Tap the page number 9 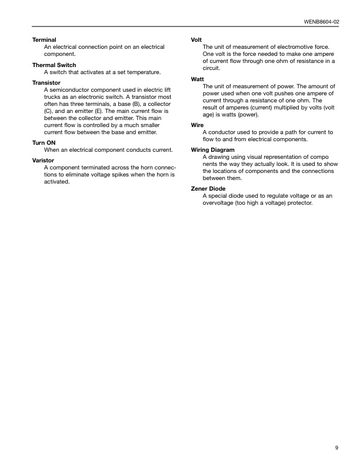[x=337, y=448]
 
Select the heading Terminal [x=44, y=39]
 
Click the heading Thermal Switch [x=54, y=65]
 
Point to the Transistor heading [x=46, y=83]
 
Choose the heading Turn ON [x=45, y=143]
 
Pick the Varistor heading [x=43, y=161]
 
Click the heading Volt [x=197, y=39]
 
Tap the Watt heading [x=198, y=79]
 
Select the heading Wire [x=197, y=125]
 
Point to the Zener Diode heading [x=209, y=189]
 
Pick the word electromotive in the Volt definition [x=294, y=46]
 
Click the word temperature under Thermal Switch [x=142, y=72]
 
